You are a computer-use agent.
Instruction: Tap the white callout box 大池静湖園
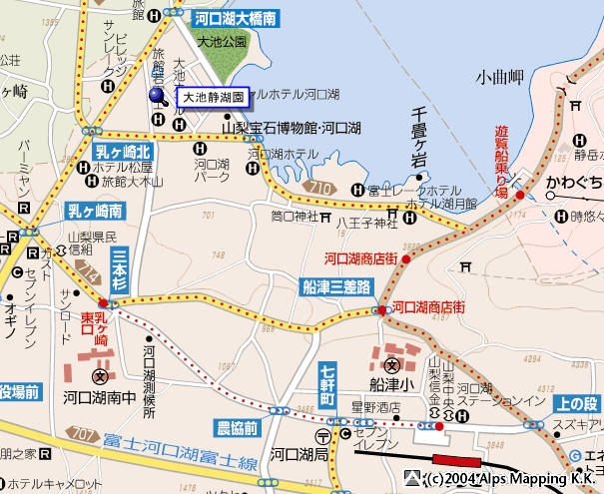[x=213, y=98]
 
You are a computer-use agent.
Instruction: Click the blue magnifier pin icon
[x=160, y=97]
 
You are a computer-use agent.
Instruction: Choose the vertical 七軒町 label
[x=328, y=384]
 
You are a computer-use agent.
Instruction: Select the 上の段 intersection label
[x=577, y=403]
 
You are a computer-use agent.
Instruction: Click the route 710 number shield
[x=319, y=187]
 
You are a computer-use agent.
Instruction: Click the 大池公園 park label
[x=222, y=42]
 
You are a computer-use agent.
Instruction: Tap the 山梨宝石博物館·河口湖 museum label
[x=291, y=129]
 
